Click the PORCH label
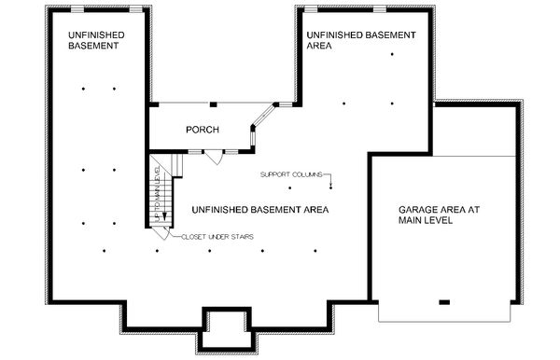203,130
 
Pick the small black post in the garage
443,301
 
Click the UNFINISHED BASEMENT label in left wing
96,40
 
